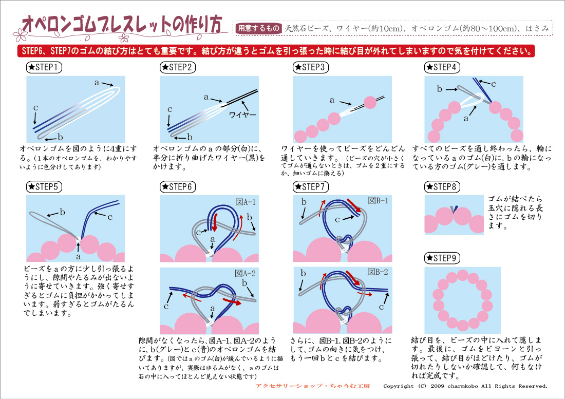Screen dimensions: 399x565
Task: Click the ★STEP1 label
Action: (x=45, y=67)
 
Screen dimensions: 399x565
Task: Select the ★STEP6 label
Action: (x=178, y=186)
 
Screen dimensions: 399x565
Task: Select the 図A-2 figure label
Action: (x=246, y=273)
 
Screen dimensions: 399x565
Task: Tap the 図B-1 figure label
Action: (x=378, y=200)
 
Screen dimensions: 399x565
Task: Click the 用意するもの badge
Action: (x=258, y=29)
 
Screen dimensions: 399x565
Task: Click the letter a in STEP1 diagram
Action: (x=97, y=82)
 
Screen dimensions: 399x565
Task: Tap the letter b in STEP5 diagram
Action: (x=62, y=212)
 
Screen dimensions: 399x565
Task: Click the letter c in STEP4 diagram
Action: (x=493, y=84)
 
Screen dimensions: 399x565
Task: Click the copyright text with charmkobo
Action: (x=465, y=386)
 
